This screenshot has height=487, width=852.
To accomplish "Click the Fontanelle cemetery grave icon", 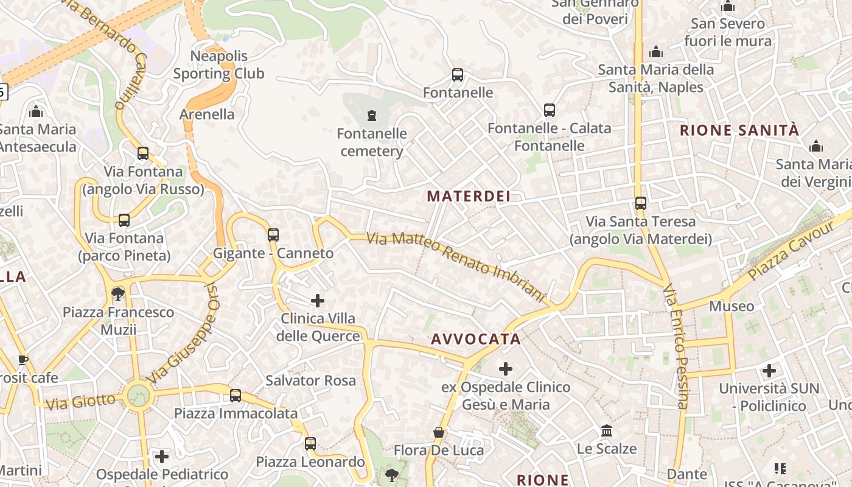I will point(371,116).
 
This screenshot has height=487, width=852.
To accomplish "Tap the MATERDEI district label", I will point(469,196).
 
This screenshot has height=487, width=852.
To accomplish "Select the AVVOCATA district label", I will point(476,339).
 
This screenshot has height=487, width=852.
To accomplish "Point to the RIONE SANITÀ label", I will point(739,130).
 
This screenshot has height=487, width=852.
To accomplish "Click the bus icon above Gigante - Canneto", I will point(273,234).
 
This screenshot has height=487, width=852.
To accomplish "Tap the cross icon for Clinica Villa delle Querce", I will point(318,300).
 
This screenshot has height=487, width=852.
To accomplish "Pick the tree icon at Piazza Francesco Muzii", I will point(118,295).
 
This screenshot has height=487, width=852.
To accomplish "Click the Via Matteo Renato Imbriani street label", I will point(456,267).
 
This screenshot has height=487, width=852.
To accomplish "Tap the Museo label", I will point(732,306).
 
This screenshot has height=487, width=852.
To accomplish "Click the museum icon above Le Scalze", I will point(607,431).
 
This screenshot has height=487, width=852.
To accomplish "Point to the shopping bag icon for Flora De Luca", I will point(438,432).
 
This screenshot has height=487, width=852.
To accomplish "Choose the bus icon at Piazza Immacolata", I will point(236,396).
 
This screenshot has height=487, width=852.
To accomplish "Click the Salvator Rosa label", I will point(310,380).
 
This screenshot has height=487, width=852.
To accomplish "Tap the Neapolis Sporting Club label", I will point(219,65).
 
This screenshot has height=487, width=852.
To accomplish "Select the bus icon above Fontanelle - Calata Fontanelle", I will point(550,110).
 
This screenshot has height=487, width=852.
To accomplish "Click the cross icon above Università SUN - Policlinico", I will point(769,370).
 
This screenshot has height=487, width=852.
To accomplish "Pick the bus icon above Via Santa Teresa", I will point(641,203).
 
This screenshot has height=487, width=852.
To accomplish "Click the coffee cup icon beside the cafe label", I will point(23,360).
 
